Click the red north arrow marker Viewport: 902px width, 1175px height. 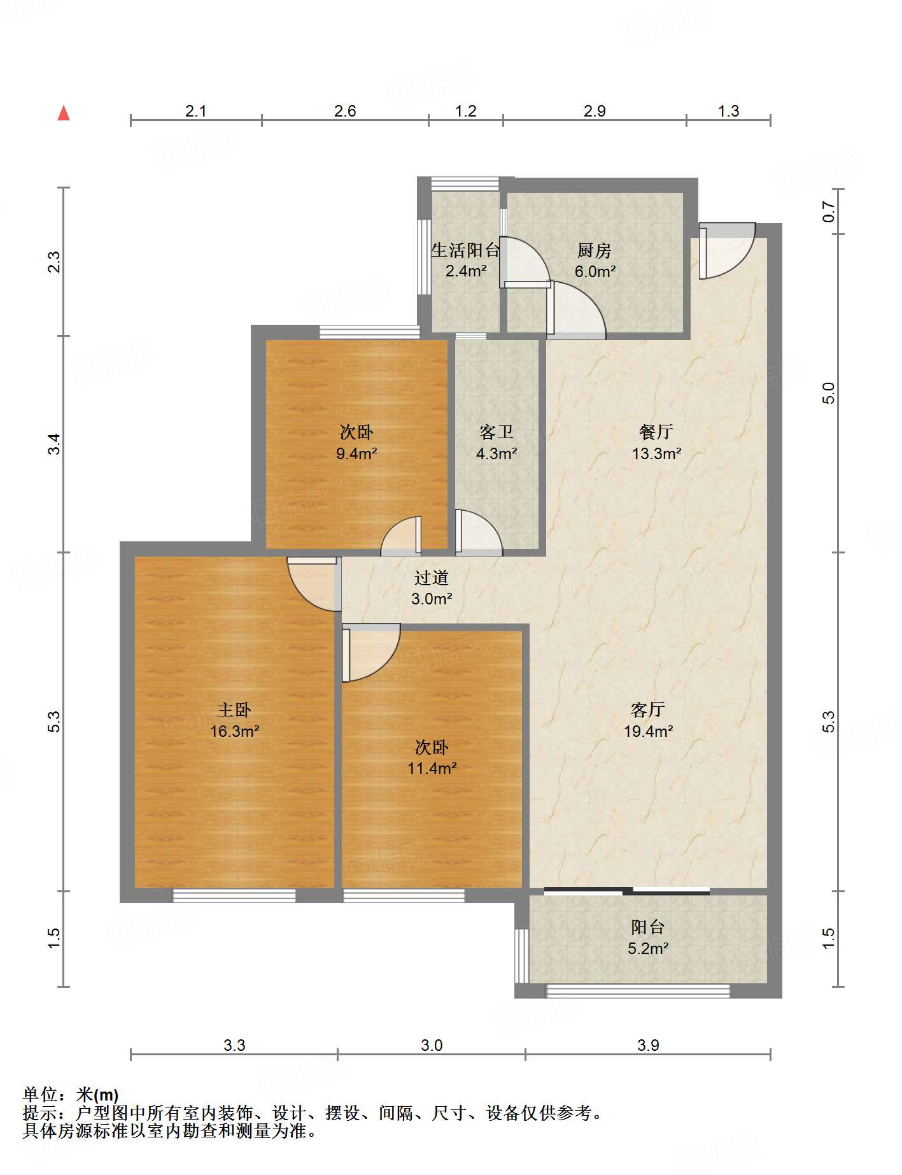[x=64, y=113]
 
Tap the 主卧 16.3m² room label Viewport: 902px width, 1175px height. [x=235, y=720]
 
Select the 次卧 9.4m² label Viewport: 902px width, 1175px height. [x=356, y=443]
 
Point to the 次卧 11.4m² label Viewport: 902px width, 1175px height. [x=432, y=757]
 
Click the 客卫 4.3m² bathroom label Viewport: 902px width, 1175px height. [x=497, y=443]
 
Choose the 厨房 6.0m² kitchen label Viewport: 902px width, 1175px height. [x=595, y=260]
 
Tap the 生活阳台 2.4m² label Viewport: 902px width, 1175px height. [x=466, y=260]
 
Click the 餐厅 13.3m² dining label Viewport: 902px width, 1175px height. [x=656, y=443]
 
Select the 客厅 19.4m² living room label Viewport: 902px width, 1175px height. [x=649, y=720]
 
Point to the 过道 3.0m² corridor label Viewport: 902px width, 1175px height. [x=432, y=588]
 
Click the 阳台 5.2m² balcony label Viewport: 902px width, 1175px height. [x=648, y=937]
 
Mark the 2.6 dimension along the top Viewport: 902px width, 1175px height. [x=345, y=111]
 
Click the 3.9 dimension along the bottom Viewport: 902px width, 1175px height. [x=648, y=1045]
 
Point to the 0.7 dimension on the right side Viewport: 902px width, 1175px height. [x=828, y=211]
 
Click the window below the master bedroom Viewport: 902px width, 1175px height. [x=234, y=895]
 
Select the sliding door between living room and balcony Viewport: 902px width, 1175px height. [x=627, y=891]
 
